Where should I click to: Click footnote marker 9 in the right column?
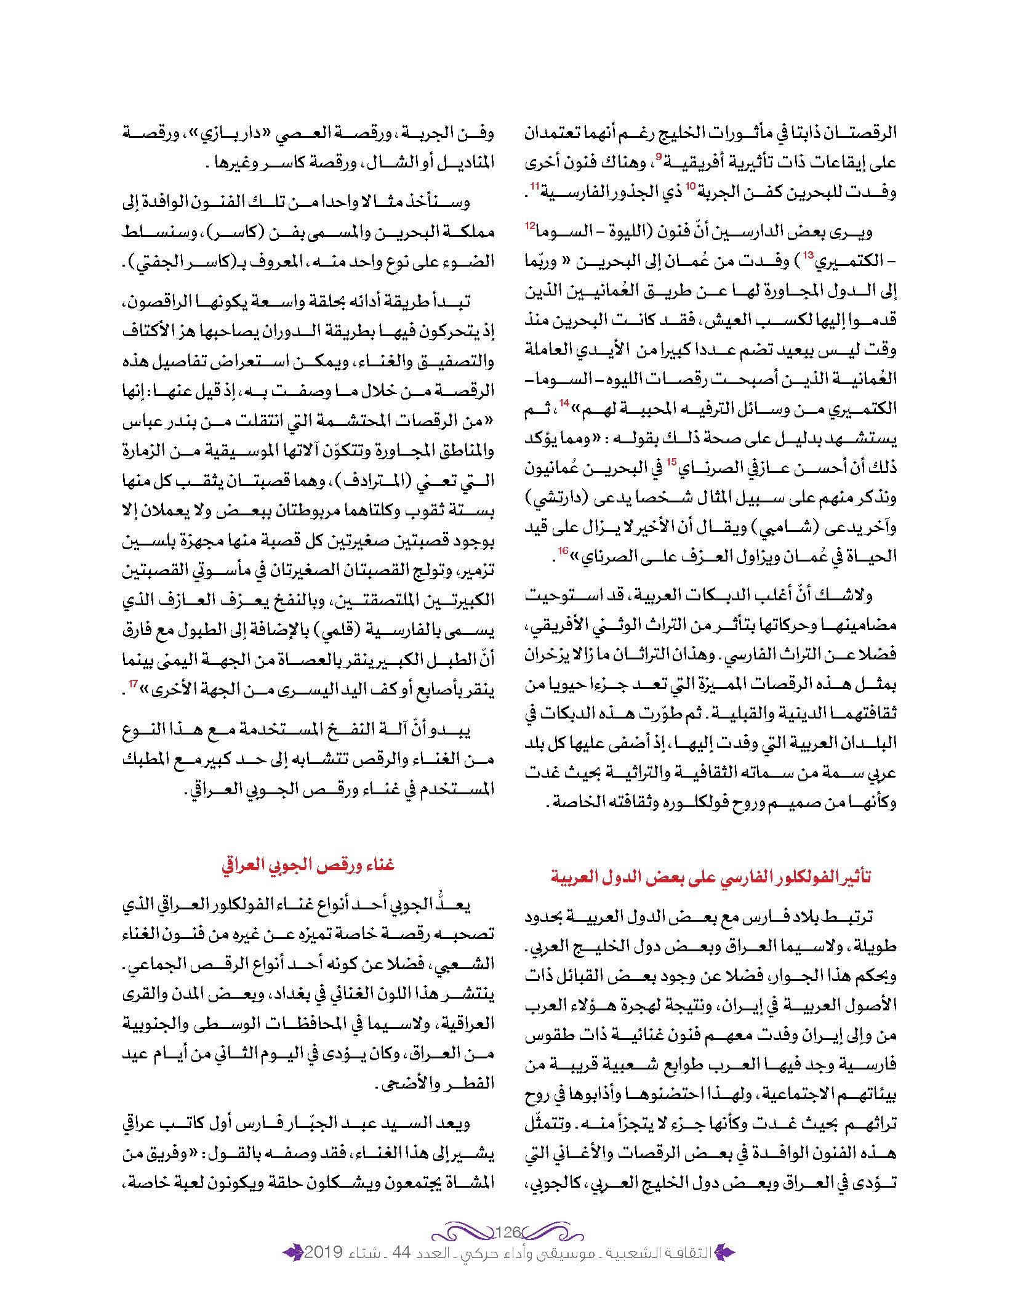coord(658,157)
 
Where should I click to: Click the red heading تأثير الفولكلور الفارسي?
coord(710,877)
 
